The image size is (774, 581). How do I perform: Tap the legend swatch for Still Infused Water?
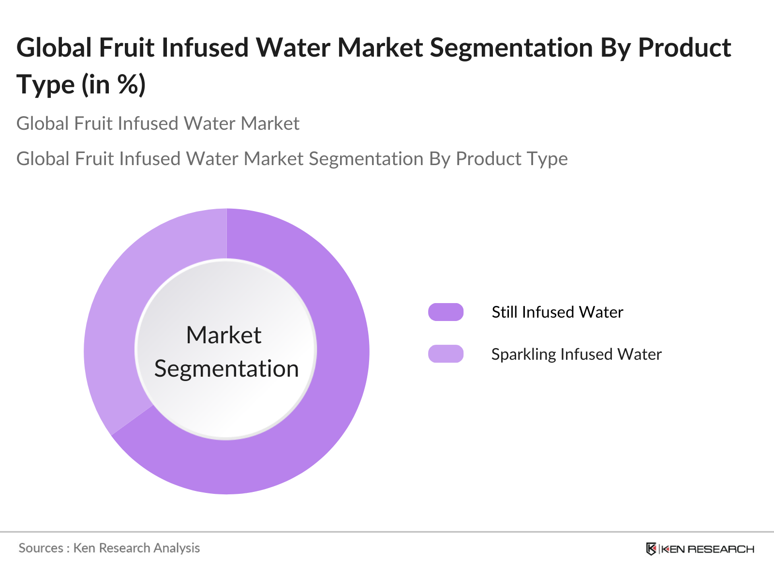point(446,312)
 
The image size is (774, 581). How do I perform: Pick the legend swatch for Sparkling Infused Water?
point(446,354)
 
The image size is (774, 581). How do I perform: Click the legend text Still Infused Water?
point(557,312)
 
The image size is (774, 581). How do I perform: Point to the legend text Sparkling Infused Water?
point(576,354)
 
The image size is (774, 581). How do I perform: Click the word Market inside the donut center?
point(224,335)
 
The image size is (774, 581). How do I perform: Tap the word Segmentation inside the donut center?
point(226,368)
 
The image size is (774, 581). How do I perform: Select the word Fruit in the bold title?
point(127,48)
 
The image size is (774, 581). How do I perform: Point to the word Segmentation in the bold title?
point(511,48)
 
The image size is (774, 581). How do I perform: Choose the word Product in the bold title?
point(685,48)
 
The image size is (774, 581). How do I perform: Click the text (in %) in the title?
point(114,85)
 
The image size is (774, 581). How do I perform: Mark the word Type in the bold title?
point(46,85)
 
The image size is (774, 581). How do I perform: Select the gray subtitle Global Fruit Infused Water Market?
point(158,123)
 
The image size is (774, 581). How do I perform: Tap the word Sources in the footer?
point(41,548)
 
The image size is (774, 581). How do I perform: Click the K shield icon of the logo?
point(651,549)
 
